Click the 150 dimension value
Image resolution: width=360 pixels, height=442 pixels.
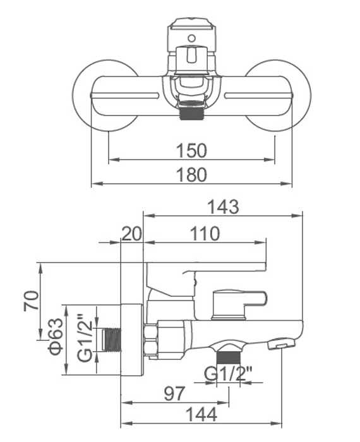(x=191, y=150)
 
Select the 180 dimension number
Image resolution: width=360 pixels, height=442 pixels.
(x=191, y=174)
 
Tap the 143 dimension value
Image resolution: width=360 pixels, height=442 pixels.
(x=223, y=206)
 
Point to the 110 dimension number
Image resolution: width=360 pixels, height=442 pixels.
(x=205, y=234)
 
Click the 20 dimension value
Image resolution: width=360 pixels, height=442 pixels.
(x=131, y=234)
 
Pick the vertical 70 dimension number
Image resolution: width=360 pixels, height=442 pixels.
(x=31, y=301)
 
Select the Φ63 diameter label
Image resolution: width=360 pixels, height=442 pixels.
(x=55, y=337)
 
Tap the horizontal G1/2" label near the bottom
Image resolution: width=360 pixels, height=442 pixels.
(x=227, y=374)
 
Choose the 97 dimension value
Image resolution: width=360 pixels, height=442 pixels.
(x=174, y=393)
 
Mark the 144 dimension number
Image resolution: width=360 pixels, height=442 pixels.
(x=201, y=414)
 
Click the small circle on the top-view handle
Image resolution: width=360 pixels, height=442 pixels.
(x=192, y=38)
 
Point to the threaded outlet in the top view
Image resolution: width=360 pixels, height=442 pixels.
(x=191, y=110)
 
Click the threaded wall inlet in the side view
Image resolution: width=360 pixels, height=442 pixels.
(x=112, y=340)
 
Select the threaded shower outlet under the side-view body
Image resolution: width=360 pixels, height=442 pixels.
(x=228, y=357)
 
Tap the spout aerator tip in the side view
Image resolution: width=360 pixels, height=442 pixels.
(x=281, y=345)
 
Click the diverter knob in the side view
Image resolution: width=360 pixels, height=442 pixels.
(x=239, y=304)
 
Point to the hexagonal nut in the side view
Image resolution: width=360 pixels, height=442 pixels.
(x=151, y=340)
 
